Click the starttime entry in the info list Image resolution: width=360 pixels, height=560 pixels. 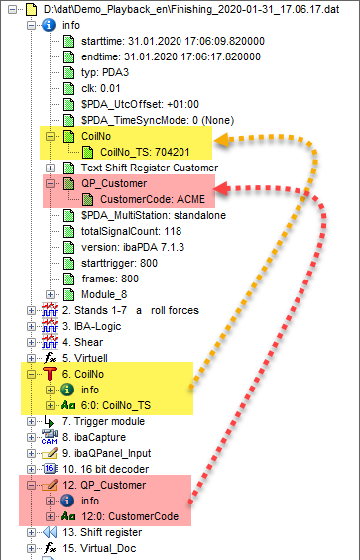point(173,41)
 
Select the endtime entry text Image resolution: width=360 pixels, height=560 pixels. point(171,56)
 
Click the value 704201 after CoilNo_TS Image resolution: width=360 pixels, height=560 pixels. point(170,152)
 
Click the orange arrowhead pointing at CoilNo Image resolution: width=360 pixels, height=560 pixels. point(221,139)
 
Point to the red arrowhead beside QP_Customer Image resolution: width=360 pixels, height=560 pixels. point(222,188)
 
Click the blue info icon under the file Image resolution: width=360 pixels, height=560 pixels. point(49,25)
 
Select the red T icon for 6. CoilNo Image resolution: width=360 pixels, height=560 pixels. point(50,374)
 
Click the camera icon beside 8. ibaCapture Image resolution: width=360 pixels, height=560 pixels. point(49,437)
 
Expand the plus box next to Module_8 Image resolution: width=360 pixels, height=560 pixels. point(50,294)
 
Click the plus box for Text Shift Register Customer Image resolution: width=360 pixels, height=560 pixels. point(50,168)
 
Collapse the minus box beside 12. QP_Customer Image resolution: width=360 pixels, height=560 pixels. point(31,485)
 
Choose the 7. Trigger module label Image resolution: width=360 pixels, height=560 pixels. point(103,421)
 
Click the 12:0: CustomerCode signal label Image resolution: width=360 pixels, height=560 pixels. point(130,516)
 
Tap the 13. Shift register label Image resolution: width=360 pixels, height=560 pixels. point(102,532)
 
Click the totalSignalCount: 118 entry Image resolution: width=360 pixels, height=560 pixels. point(131,231)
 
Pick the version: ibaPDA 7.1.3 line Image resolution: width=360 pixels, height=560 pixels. point(133,247)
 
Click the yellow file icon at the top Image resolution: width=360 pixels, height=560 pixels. point(32,9)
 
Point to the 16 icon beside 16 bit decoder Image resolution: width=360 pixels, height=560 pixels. point(50,469)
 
